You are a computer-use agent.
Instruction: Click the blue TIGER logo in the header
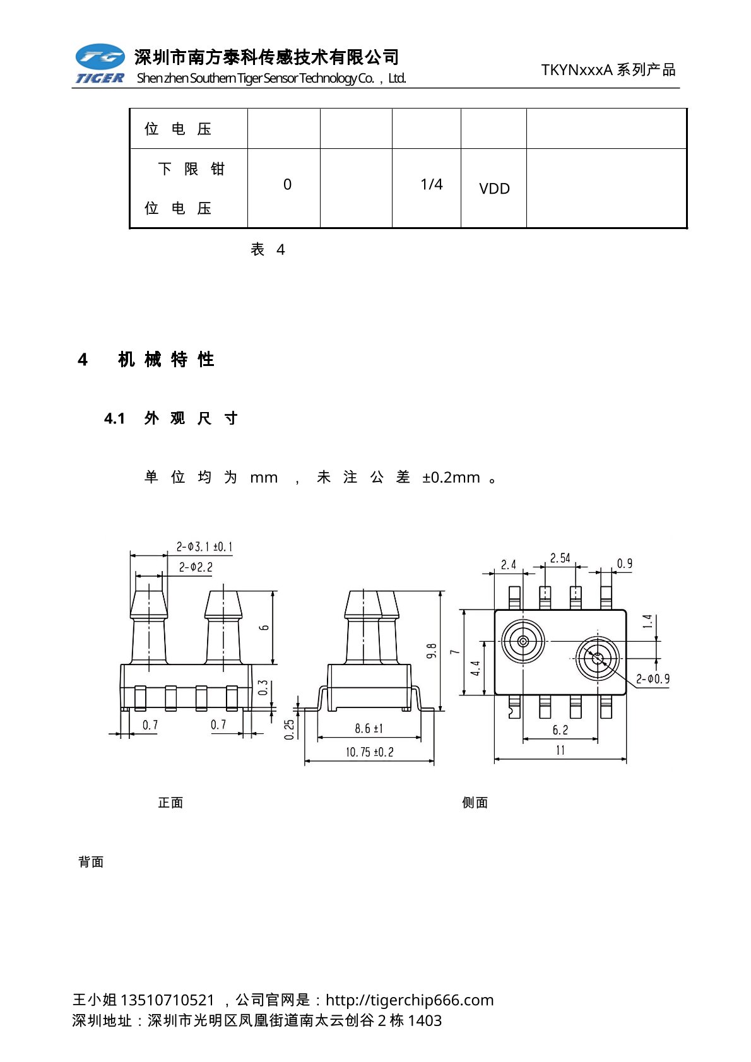[x=100, y=64]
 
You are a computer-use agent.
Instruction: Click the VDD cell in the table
[x=494, y=189]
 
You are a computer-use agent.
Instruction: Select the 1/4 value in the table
[x=432, y=184]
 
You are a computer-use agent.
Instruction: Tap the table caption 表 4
[x=268, y=250]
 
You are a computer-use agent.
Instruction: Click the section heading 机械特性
[x=166, y=360]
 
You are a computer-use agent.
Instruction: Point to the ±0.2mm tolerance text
[x=451, y=478]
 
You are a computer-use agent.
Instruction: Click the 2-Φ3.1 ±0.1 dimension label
[x=204, y=546]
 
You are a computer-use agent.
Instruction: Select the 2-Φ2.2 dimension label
[x=196, y=567]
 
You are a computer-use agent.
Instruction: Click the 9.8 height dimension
[x=432, y=651]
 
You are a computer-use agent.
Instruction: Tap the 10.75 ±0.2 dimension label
[x=369, y=752]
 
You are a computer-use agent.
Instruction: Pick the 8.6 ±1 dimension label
[x=369, y=729]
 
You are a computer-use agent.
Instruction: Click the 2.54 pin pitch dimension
[x=560, y=558]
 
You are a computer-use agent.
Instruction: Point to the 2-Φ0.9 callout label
[x=653, y=679]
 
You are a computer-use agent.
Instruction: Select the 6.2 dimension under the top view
[x=560, y=730]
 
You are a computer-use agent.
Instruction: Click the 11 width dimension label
[x=560, y=750]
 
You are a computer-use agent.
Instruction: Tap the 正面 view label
[x=170, y=803]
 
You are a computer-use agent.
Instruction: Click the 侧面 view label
[x=475, y=803]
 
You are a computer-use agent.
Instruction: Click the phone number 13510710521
[x=167, y=1000]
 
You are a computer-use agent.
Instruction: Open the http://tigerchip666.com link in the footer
[x=410, y=1000]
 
